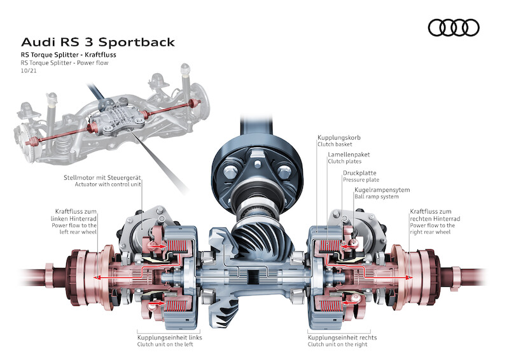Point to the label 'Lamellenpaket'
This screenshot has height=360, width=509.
[348, 155]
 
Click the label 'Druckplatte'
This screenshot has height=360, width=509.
[360, 172]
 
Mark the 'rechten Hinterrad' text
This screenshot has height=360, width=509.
[436, 218]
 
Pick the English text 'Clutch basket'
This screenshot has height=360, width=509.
[335, 145]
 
